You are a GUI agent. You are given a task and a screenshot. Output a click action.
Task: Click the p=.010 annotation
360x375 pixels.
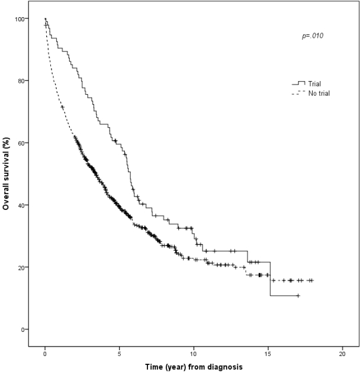pyautogui.click(x=313, y=36)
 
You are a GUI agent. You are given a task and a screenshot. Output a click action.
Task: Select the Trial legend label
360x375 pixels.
pyautogui.click(x=314, y=84)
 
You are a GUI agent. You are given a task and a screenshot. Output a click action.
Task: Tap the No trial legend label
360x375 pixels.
pyautogui.click(x=319, y=93)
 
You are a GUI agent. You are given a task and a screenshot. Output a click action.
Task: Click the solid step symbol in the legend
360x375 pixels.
pyautogui.click(x=298, y=83)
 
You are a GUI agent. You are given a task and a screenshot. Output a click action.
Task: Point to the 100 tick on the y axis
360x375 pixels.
pyautogui.click(x=20, y=19)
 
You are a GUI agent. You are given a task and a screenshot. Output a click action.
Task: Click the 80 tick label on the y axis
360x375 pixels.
pyautogui.click(x=21, y=81)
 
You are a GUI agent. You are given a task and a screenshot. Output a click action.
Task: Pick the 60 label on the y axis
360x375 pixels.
pyautogui.click(x=21, y=143)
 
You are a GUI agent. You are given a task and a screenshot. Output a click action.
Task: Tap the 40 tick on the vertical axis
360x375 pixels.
pyautogui.click(x=21, y=205)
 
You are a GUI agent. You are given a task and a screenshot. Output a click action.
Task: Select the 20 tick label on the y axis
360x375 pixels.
pyautogui.click(x=21, y=267)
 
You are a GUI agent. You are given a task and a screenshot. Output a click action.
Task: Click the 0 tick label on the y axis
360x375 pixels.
pyautogui.click(x=23, y=329)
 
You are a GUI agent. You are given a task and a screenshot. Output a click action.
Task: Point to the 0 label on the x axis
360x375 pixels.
pyautogui.click(x=45, y=354)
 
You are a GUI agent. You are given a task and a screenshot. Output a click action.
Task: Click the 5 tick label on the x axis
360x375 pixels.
pyautogui.click(x=119, y=354)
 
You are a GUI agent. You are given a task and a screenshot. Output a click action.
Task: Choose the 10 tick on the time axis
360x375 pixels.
pyautogui.click(x=194, y=354)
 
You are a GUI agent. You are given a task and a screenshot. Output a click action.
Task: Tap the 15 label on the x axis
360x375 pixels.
pyautogui.click(x=268, y=354)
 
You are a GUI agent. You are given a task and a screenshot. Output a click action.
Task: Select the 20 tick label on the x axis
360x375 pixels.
pyautogui.click(x=342, y=354)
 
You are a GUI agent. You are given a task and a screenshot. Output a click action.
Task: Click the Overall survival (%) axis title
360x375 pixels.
pyautogui.click(x=6, y=174)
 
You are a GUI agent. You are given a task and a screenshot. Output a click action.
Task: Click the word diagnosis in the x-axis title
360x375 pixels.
pyautogui.click(x=225, y=367)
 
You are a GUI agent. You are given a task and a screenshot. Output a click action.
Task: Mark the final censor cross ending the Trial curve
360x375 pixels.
pyautogui.click(x=298, y=296)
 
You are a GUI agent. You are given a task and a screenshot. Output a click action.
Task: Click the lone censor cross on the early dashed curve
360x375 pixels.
pyautogui.click(x=63, y=107)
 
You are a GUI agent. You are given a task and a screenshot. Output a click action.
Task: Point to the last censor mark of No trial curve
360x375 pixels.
pyautogui.click(x=311, y=280)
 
